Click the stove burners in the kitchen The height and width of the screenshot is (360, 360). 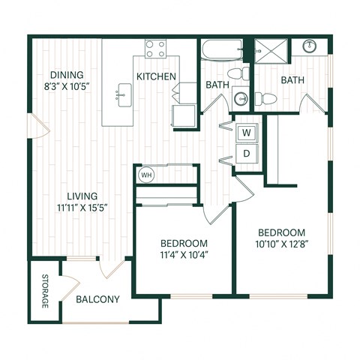click(155, 49)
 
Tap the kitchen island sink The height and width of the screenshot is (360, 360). click(121, 96)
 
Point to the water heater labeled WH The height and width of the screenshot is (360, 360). click(146, 176)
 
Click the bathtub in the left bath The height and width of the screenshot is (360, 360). click(220, 52)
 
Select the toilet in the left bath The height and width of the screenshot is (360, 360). click(239, 74)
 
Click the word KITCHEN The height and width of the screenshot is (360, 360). click(156, 76)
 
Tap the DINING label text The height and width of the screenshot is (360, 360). click(67, 75)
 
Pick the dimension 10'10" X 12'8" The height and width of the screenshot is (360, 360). click(281, 244)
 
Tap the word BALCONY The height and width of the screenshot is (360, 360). click(97, 299)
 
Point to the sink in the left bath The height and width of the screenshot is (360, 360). click(239, 98)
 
